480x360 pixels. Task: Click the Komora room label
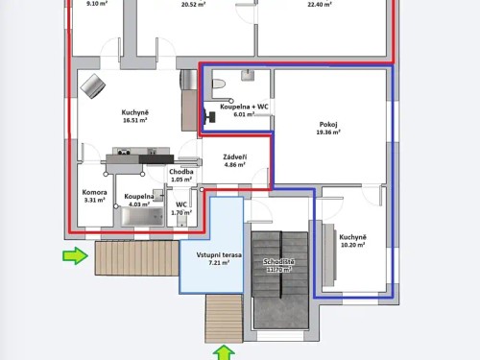(94, 192)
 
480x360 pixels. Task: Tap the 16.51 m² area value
(133, 121)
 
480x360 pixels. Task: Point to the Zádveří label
(234, 156)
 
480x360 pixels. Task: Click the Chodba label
(181, 172)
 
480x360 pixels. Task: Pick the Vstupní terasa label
(212, 253)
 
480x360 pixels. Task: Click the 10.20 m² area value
(353, 245)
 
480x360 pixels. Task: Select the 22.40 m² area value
(320, 4)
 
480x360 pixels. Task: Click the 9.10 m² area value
(97, 4)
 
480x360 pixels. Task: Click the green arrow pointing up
(224, 352)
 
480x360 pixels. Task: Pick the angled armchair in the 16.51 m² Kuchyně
(94, 85)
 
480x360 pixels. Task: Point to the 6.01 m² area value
(236, 114)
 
